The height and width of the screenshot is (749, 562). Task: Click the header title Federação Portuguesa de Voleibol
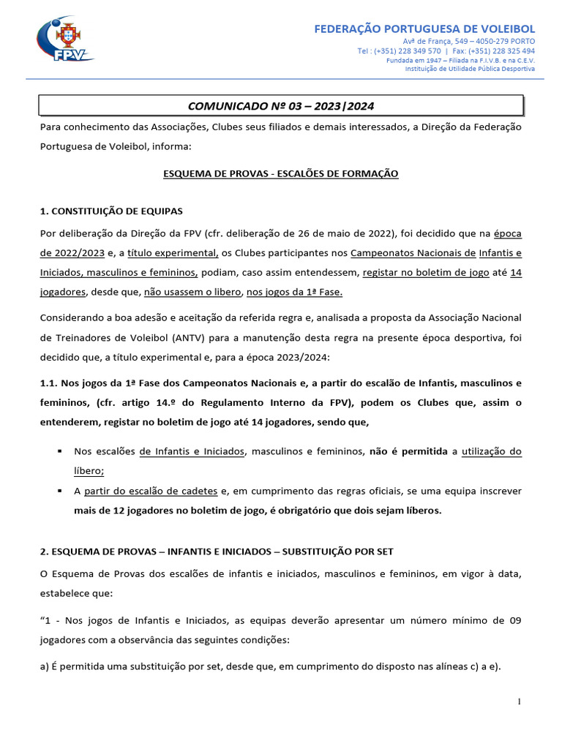[424, 29]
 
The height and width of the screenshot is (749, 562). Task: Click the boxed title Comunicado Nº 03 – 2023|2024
[281, 106]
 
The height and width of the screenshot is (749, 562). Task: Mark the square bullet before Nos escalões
[58, 451]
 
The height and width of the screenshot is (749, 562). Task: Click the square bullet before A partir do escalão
[58, 491]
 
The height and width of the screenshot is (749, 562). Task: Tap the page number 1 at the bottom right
[519, 702]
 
